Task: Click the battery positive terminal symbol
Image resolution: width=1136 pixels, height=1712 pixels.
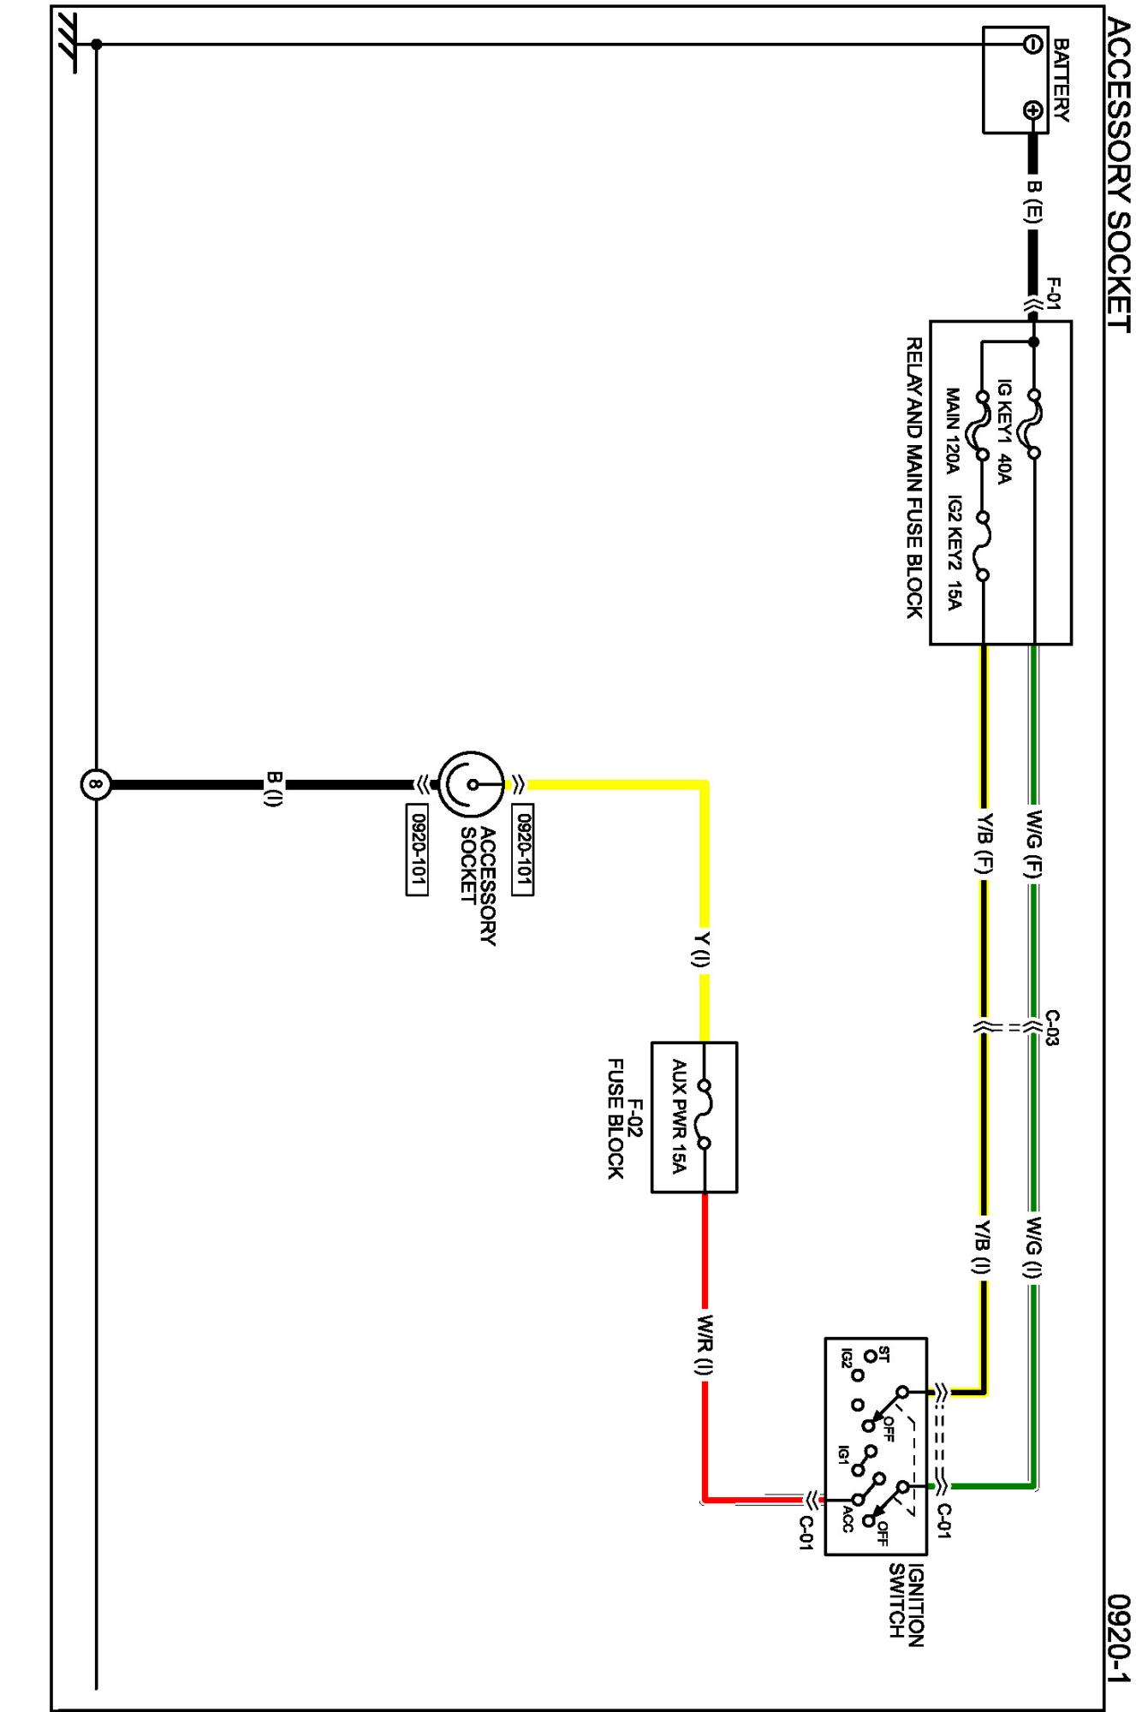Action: (1033, 110)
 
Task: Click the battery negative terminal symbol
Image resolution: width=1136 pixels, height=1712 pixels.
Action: (1033, 43)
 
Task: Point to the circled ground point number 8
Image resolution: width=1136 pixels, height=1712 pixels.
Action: (96, 784)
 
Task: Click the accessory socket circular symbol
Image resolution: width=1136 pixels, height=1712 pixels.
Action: (471, 784)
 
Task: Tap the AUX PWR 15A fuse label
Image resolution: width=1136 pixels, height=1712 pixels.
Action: (679, 1116)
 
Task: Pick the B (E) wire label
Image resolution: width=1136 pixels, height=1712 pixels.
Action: (1033, 202)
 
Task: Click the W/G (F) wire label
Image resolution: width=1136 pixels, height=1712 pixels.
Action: (1034, 844)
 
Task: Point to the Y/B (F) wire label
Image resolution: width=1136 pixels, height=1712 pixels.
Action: (984, 844)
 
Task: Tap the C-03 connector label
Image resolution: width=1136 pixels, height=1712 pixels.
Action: (1054, 1028)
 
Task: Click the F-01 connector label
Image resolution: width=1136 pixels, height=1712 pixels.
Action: (1054, 292)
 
